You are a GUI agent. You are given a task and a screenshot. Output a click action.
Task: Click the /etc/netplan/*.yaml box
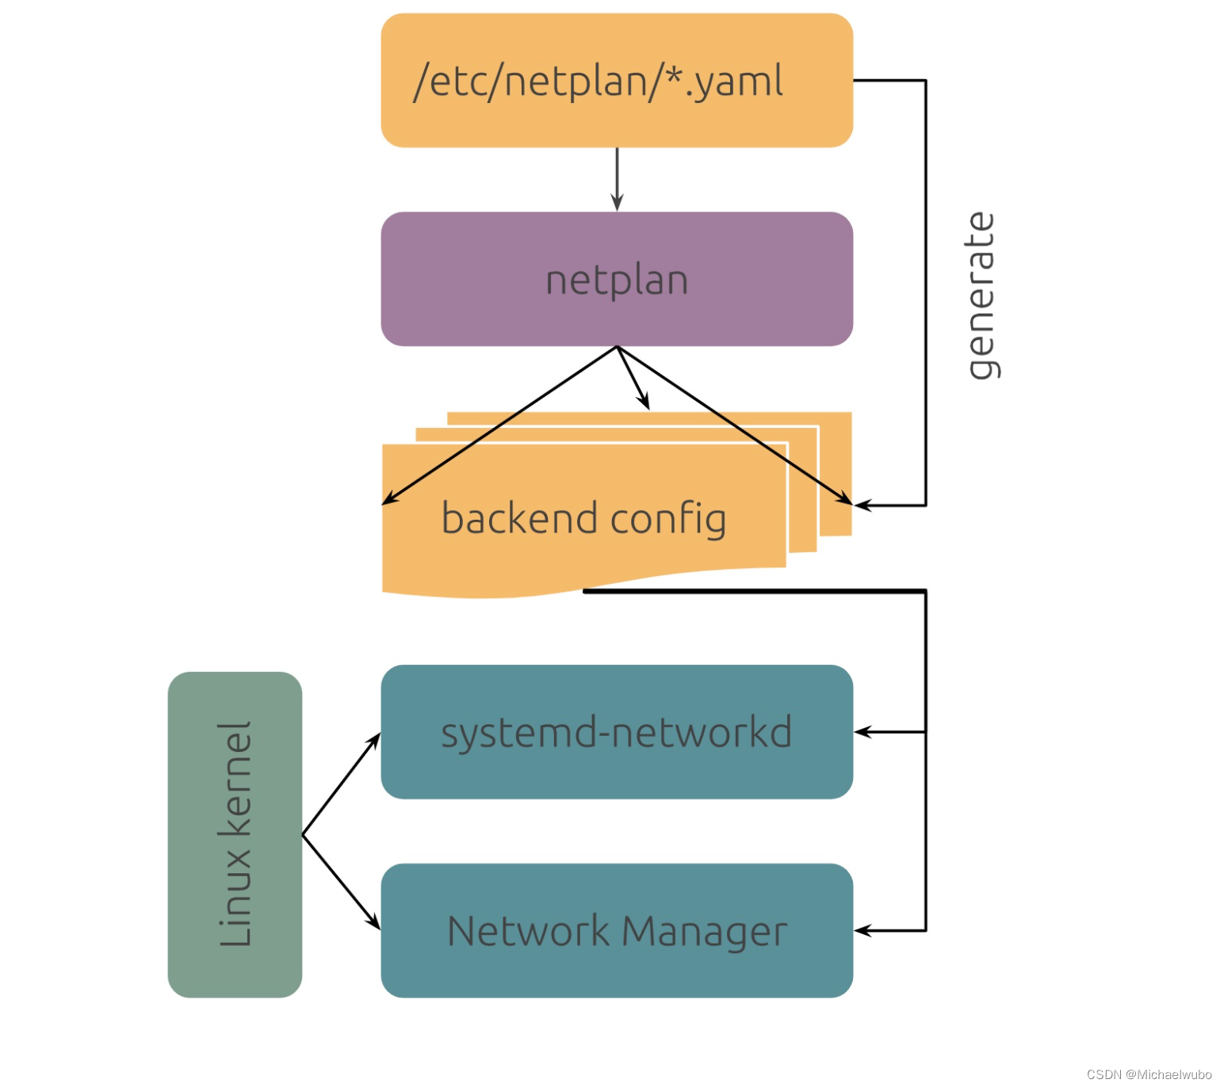pyautogui.click(x=616, y=80)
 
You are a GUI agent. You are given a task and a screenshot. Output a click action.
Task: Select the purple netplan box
pyautogui.click(x=616, y=279)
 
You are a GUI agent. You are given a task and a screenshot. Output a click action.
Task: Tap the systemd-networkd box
pyautogui.click(x=616, y=731)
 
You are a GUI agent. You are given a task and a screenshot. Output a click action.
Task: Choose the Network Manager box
pyautogui.click(x=616, y=930)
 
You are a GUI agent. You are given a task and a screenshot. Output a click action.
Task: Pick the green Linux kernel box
pyautogui.click(x=235, y=834)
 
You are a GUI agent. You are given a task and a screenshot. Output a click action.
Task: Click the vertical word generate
pyautogui.click(x=981, y=296)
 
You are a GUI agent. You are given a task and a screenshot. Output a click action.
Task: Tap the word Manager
pyautogui.click(x=704, y=931)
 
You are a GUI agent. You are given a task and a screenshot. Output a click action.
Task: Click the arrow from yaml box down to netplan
pyautogui.click(x=617, y=180)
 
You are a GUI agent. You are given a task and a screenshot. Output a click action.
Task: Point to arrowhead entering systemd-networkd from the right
pyautogui.click(x=863, y=732)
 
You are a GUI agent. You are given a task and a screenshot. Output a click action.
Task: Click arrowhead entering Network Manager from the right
pyautogui.click(x=863, y=931)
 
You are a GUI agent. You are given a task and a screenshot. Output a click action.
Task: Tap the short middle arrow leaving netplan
pyautogui.click(x=634, y=379)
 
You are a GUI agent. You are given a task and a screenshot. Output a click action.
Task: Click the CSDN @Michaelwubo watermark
pyautogui.click(x=1149, y=1074)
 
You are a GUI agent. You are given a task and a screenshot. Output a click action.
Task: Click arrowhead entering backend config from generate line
pyautogui.click(x=863, y=505)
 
